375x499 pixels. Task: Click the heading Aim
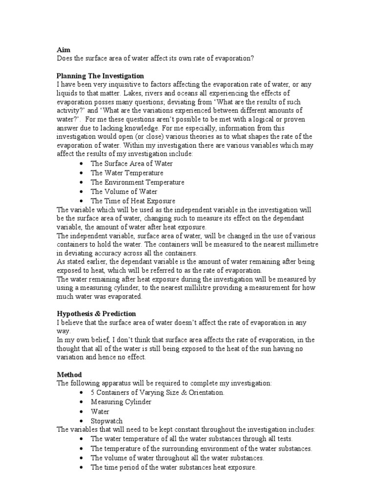[62, 49]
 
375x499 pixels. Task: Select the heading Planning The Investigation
[100, 76]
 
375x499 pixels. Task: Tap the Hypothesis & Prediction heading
[96, 313]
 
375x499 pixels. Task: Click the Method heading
[68, 374]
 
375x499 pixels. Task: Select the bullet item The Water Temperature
[127, 173]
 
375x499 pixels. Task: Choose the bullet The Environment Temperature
[137, 182]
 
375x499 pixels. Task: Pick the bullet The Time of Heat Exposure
[133, 201]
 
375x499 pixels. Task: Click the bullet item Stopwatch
[106, 421]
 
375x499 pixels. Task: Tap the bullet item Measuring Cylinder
[121, 402]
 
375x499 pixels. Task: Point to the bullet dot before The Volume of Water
[80, 192]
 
